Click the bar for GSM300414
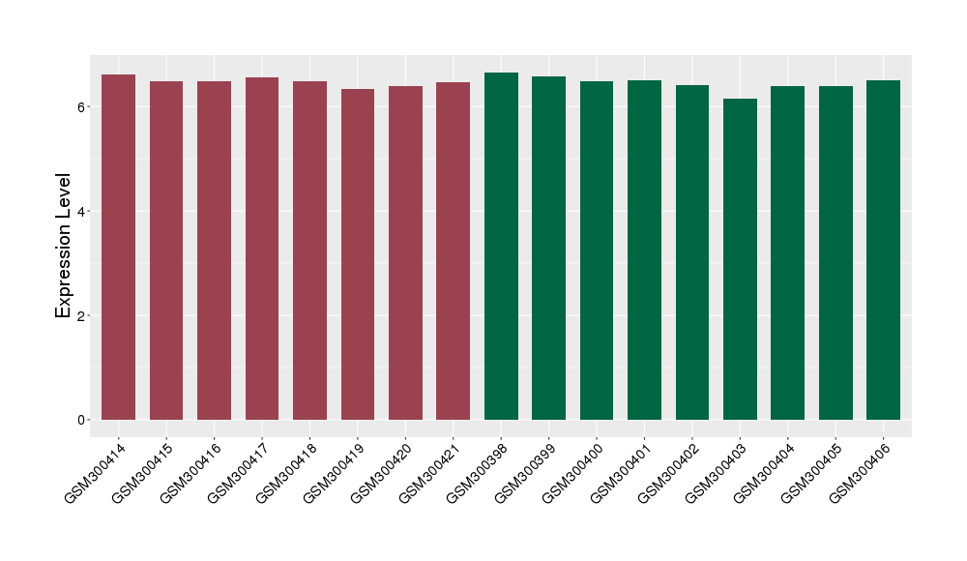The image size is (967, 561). (118, 247)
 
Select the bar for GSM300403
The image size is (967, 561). (740, 259)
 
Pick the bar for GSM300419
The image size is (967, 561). (358, 254)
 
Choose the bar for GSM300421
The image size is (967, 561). (453, 251)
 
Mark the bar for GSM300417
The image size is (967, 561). (262, 249)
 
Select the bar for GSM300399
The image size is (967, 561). (548, 248)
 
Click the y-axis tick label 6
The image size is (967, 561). (84, 106)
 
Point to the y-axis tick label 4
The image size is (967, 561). (84, 211)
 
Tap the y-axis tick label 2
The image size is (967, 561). (84, 315)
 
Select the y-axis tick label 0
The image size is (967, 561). (84, 420)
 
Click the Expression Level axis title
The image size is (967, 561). (63, 246)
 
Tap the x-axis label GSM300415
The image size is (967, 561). (143, 471)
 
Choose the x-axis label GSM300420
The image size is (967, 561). (382, 471)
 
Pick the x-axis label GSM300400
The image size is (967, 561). (573, 471)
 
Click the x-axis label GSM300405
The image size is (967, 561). (812, 471)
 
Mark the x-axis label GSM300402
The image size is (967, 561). (669, 471)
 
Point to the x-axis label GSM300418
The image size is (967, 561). (286, 471)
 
